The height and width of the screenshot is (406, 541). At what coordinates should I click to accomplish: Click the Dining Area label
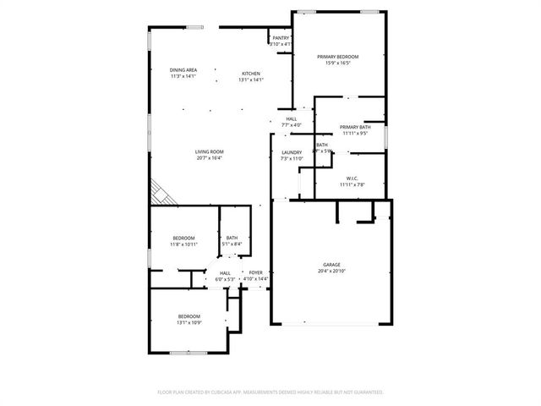click(183, 69)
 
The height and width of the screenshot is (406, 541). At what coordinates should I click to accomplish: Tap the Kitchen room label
click(251, 74)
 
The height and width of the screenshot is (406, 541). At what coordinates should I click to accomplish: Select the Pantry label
click(281, 38)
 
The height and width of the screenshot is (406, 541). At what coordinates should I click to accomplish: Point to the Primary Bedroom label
click(338, 57)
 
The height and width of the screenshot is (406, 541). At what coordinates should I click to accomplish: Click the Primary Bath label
click(355, 127)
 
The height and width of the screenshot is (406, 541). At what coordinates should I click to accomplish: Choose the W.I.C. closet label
click(352, 178)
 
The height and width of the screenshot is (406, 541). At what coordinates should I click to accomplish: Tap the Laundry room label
click(292, 152)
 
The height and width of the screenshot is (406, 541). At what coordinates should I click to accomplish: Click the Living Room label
click(210, 151)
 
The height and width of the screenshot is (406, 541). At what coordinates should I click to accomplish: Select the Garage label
click(331, 265)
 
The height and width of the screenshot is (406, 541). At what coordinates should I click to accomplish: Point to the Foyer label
click(255, 272)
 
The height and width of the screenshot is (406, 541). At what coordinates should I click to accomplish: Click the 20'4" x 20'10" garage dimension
click(331, 272)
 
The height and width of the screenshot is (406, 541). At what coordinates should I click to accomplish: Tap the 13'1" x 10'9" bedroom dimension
click(189, 322)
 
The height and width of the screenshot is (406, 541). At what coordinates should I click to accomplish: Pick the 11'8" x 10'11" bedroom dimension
click(184, 244)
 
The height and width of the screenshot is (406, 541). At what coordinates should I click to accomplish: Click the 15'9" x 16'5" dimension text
click(338, 63)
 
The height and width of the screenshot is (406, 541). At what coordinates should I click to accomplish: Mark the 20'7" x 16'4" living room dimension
click(210, 158)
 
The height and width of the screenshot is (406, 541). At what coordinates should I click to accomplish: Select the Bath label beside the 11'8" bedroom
click(232, 238)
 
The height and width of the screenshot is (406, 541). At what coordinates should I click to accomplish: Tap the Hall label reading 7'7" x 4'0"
click(291, 119)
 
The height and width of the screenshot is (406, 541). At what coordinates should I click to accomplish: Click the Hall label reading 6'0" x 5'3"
click(226, 272)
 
